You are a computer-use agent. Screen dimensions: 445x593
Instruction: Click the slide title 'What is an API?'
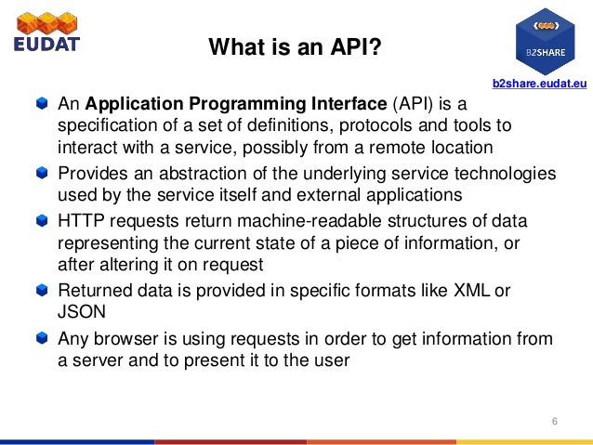295,46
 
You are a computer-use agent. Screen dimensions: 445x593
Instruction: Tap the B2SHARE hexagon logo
546,38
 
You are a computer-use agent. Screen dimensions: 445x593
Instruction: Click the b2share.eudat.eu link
538,84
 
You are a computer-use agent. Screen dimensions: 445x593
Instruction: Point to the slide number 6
554,424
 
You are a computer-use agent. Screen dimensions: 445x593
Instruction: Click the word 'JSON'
82,312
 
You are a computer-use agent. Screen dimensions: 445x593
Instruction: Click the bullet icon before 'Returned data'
41,292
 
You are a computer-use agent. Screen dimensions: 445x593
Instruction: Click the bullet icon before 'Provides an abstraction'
41,174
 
